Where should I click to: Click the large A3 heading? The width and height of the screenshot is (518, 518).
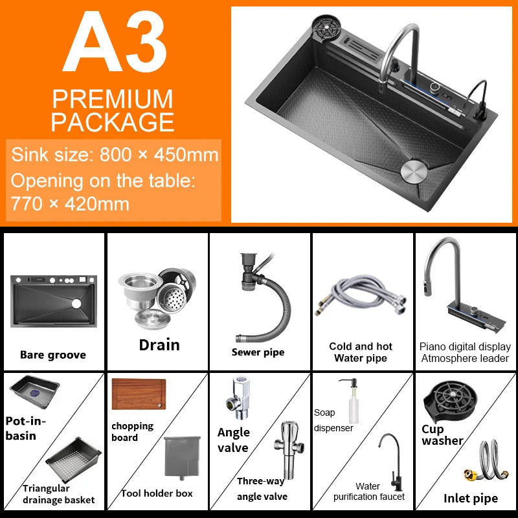[x=115, y=41]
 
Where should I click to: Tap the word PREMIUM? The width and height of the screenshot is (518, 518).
[x=113, y=99]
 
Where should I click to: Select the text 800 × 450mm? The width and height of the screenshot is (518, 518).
[x=159, y=154]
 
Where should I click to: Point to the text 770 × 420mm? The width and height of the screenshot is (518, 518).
[x=70, y=203]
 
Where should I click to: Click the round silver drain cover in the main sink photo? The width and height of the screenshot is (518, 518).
[x=414, y=171]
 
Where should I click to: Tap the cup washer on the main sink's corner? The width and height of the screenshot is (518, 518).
[x=326, y=27]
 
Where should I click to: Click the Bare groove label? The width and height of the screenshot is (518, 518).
[x=53, y=355]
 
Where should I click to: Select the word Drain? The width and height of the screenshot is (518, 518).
[x=159, y=345]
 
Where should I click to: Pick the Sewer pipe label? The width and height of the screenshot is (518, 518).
[x=258, y=352]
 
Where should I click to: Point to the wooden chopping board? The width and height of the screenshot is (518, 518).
[x=139, y=394]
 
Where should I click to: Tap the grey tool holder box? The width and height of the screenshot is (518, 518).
[x=182, y=458]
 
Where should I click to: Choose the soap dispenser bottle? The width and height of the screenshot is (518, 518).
[x=352, y=401]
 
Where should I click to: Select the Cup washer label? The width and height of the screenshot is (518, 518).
[x=443, y=434]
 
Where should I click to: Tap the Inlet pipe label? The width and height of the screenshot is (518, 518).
[x=471, y=498]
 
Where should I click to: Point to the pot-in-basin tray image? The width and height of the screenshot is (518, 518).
[x=34, y=392]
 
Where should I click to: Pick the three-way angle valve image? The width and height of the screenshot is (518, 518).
[x=289, y=449]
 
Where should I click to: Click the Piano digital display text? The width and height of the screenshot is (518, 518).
[x=465, y=346]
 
